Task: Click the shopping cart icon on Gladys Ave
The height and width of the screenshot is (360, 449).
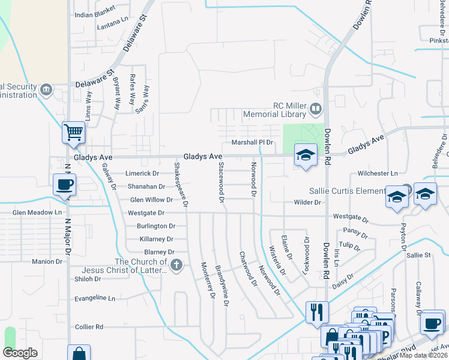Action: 73,131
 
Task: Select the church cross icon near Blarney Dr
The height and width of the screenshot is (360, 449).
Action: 176,265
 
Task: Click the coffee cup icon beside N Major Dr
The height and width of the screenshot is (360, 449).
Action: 64,184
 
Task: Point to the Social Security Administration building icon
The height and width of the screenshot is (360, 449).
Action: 46,91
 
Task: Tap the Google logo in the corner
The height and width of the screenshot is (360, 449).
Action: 20,353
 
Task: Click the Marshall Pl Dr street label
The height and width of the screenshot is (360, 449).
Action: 252,143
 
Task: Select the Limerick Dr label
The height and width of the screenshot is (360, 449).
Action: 142,173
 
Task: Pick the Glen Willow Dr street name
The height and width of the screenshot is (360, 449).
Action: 151,200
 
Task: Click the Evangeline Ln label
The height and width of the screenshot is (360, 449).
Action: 94,298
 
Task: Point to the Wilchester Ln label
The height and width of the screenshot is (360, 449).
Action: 378,173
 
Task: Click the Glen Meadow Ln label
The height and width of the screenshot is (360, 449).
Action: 37,212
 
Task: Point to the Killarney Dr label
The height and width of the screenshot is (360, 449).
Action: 156,239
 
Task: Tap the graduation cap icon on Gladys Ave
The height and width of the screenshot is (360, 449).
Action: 306,155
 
